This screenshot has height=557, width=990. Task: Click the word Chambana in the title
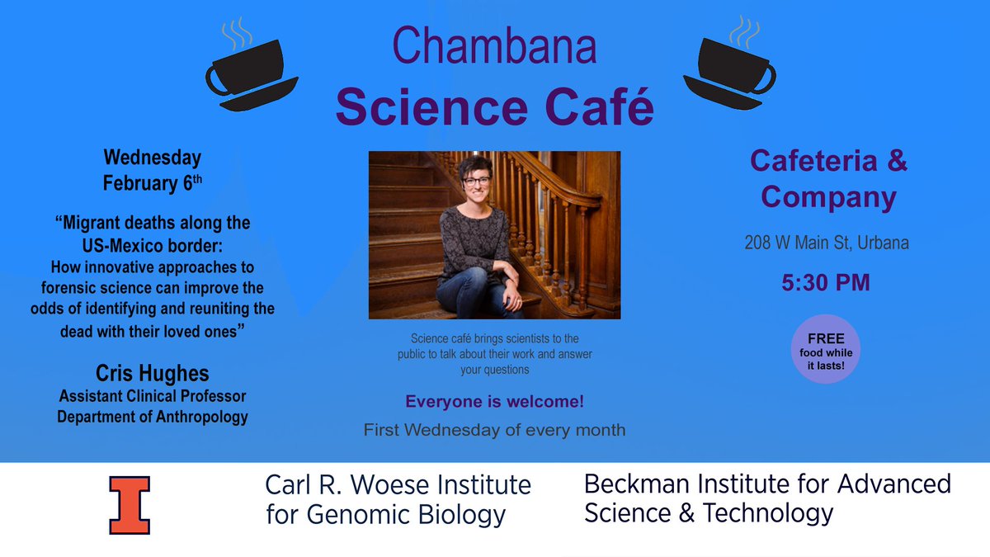pyautogui.click(x=494, y=45)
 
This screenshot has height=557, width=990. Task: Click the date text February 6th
pyautogui.click(x=152, y=183)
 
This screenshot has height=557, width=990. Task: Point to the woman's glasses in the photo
pyautogui.click(x=476, y=180)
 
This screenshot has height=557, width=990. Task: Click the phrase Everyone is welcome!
pyautogui.click(x=494, y=403)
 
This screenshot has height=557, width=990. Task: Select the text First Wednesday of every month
pyautogui.click(x=494, y=429)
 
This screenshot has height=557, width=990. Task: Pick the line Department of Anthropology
pyautogui.click(x=152, y=417)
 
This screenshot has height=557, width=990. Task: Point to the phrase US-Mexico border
pyautogui.click(x=152, y=245)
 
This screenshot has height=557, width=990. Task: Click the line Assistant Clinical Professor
pyautogui.click(x=152, y=397)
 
